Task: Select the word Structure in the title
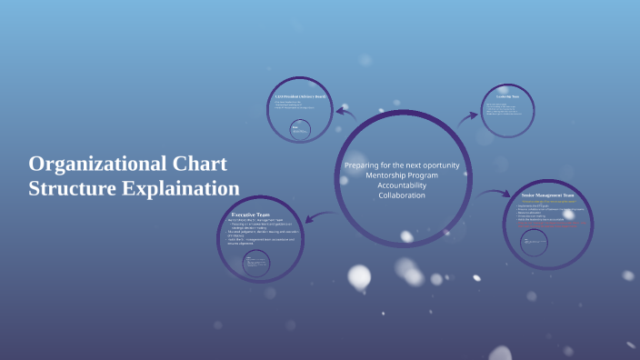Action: coord(70,189)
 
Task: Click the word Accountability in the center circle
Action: coord(401,185)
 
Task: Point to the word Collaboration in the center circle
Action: coord(401,195)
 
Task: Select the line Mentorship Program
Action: coord(401,175)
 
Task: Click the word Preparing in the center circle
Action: coord(363,165)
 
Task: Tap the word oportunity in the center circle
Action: coord(439,165)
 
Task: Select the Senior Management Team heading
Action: coord(548,195)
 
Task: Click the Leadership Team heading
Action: coord(506,96)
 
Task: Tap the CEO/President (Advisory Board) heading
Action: coord(300,95)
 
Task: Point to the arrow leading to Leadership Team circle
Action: coord(467,116)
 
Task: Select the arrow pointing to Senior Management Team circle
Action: coord(495,193)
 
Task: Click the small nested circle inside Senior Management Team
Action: coord(535,242)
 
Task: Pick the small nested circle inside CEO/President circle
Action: coord(300,130)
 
